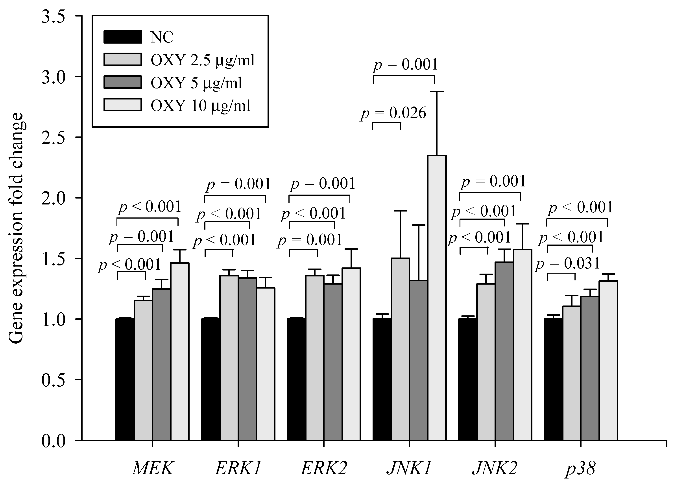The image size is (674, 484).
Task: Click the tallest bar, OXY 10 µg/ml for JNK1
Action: [x=437, y=297]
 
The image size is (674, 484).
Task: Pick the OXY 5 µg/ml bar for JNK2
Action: [x=504, y=351]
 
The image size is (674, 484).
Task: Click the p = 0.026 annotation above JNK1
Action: [x=394, y=113]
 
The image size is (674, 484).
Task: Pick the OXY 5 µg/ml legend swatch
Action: [x=122, y=82]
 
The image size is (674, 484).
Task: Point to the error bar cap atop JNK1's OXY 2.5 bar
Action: [x=400, y=211]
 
